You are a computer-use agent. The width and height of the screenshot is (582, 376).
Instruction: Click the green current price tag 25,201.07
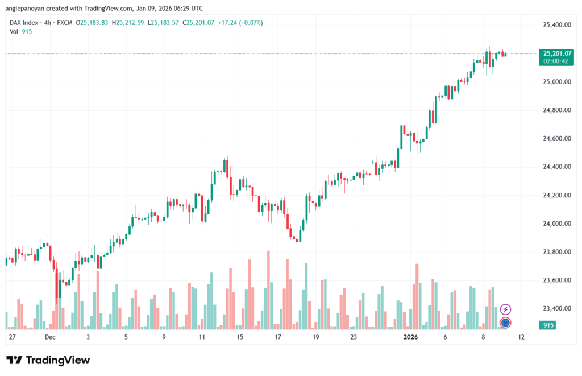point(557,53)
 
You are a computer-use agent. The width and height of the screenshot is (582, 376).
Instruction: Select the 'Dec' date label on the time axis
point(50,337)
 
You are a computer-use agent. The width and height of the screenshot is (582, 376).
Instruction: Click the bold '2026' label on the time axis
point(410,337)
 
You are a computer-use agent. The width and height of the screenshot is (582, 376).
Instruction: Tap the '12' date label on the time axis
point(521,337)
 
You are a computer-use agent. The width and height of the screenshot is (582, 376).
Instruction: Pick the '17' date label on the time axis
point(278,337)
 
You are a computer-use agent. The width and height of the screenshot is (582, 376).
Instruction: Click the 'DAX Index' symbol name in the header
point(24,23)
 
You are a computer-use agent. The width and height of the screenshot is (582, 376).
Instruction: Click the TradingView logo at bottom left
point(48,360)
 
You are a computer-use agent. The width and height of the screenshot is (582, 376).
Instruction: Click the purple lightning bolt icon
point(505,309)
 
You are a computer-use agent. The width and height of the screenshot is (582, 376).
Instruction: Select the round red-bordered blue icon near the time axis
point(505,323)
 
